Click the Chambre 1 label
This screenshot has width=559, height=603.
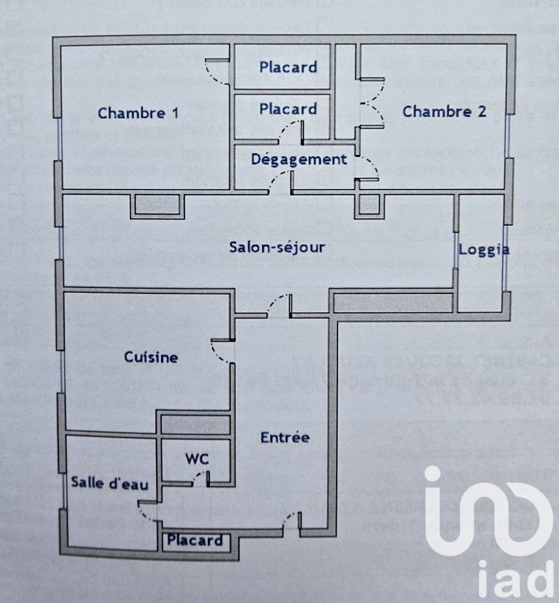point(138,113)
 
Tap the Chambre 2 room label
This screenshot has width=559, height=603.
point(444,112)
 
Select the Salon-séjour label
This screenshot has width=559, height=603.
point(277,247)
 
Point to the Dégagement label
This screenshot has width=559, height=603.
point(299,159)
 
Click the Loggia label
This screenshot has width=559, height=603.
point(484,250)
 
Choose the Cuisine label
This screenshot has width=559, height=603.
point(151,357)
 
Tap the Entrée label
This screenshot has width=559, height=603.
point(285,437)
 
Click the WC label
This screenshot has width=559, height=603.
point(197,458)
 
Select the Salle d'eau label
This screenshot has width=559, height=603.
point(110,483)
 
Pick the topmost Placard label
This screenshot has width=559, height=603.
point(289,67)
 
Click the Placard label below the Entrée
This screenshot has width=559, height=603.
point(195,540)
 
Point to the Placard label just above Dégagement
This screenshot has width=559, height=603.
point(289,109)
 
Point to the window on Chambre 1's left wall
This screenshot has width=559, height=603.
point(59,138)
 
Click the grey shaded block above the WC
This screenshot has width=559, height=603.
point(195,425)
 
